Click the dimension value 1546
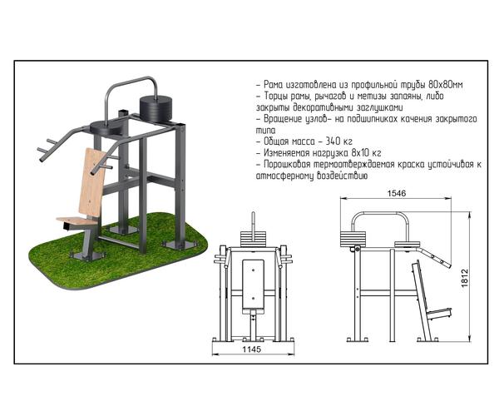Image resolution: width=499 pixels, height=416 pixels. point(397,193)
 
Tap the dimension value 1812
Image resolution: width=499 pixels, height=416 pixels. point(465,278)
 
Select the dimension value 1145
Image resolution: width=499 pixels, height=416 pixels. point(252,349)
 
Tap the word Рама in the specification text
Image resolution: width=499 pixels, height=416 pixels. point(273,85)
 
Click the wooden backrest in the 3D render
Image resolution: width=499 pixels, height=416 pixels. point(93,181)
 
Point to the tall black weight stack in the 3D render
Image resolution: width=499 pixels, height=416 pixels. point(156,110)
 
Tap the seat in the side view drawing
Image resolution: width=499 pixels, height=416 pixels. point(439,314)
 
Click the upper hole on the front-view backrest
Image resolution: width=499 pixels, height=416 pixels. point(253,270)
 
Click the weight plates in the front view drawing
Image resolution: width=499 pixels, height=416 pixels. point(254,240)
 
